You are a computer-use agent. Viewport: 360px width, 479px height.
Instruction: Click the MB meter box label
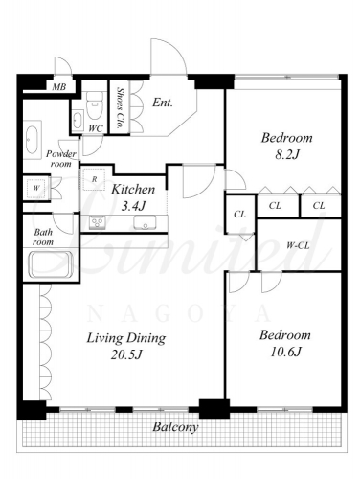pyautogui.click(x=59, y=86)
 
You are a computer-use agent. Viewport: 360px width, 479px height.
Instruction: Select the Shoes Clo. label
pyautogui.click(x=121, y=107)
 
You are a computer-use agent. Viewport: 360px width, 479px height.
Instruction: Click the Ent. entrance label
pyautogui.click(x=163, y=103)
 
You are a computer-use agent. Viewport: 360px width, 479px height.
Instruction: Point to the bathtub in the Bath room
pyautogui.click(x=51, y=264)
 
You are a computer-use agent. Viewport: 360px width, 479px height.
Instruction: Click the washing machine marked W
pyautogui.click(x=36, y=188)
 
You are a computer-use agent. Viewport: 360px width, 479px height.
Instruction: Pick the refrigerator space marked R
pyautogui.click(x=94, y=179)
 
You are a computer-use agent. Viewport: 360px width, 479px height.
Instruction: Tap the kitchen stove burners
pyautogui.click(x=97, y=221)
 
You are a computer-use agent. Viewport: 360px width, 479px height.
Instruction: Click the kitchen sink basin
pyautogui.click(x=146, y=222)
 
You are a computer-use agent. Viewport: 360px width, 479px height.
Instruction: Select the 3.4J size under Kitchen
pyautogui.click(x=134, y=206)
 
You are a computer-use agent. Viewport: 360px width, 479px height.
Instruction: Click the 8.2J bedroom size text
pyautogui.click(x=287, y=155)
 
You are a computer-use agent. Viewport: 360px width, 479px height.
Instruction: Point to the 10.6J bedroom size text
pyautogui.click(x=285, y=352)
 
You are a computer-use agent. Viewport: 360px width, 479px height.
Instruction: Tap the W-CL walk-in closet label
pyautogui.click(x=298, y=245)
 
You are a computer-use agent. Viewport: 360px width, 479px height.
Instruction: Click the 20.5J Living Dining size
pyautogui.click(x=126, y=354)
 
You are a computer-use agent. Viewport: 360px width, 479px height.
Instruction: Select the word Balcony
pyautogui.click(x=175, y=427)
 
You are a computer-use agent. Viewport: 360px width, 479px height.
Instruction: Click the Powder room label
pyautogui.click(x=61, y=159)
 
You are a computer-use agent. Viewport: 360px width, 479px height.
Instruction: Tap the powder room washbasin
pyautogui.click(x=33, y=140)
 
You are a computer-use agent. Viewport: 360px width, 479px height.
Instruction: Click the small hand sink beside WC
pyautogui.click(x=78, y=120)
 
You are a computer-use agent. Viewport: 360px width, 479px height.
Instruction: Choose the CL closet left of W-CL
pyautogui.click(x=239, y=214)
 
